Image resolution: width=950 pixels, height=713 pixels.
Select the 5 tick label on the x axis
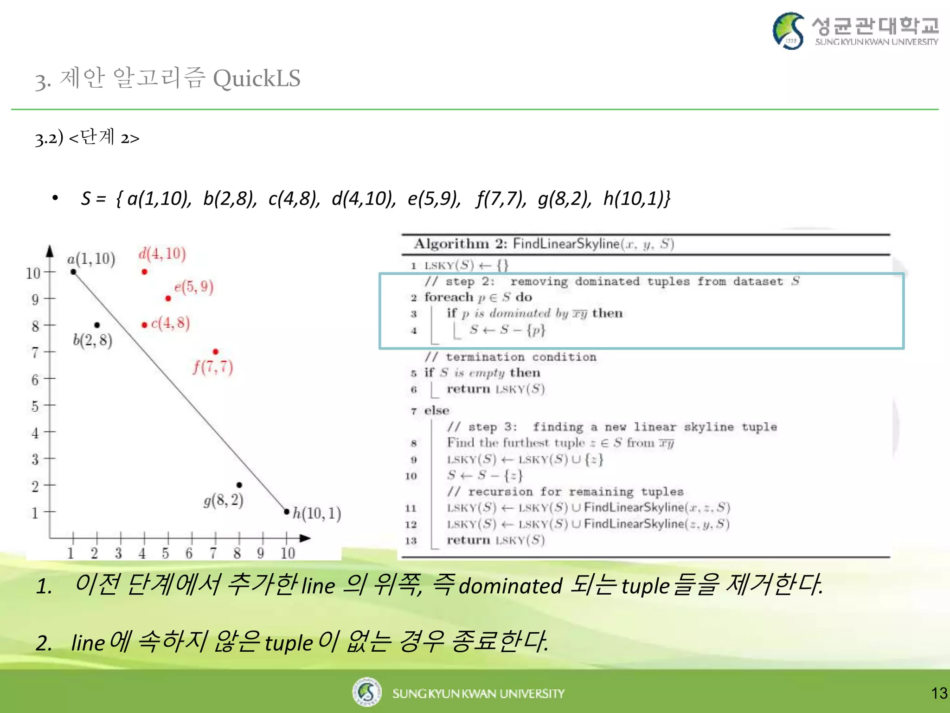coord(166,553)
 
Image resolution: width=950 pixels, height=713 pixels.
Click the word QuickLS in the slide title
coord(257,78)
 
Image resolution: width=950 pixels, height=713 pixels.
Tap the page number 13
coord(939,694)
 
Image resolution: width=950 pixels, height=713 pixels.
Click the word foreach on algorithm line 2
coord(449,297)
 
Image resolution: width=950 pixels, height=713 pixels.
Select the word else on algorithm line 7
coord(436,410)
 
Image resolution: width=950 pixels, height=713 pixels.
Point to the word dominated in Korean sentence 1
coord(510,586)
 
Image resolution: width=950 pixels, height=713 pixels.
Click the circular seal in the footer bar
coord(366,692)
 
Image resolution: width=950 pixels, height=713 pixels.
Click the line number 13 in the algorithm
coord(411,541)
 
